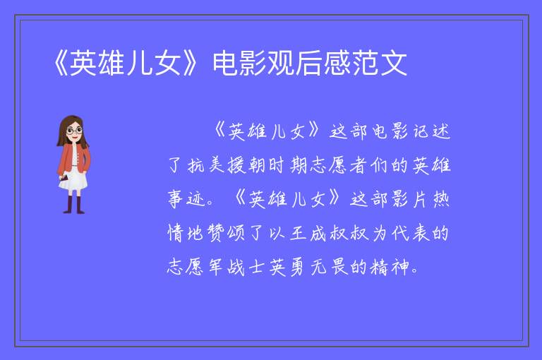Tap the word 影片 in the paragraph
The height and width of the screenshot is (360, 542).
point(409,199)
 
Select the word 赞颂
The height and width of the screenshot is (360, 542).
point(226,232)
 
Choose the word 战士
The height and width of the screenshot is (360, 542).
point(246,267)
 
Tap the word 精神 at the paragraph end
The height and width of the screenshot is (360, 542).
point(390,267)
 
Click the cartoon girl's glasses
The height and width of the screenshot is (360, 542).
point(74,131)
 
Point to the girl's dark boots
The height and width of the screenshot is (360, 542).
point(74,205)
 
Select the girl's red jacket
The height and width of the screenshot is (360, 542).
point(73,158)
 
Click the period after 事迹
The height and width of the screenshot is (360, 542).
point(210,203)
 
